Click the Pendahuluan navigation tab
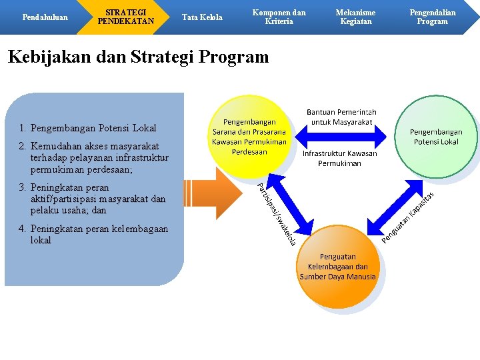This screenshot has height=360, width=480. pyautogui.click(x=45, y=17)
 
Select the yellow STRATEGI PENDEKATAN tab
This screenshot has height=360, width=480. pyautogui.click(x=125, y=17)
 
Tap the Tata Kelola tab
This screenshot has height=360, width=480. pyautogui.click(x=202, y=17)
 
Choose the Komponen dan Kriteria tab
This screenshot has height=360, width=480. pyautogui.click(x=279, y=17)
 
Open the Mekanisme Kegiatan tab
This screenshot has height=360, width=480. pyautogui.click(x=355, y=17)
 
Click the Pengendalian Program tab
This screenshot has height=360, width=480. pyautogui.click(x=432, y=17)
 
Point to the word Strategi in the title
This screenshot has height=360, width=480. pyautogui.click(x=172, y=57)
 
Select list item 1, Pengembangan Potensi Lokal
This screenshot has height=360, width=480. pyautogui.click(x=87, y=128)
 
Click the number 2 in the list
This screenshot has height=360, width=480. pyautogui.click(x=22, y=146)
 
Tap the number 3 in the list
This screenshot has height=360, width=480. pyautogui.click(x=22, y=188)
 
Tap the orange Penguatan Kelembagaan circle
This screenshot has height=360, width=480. pyautogui.click(x=337, y=266)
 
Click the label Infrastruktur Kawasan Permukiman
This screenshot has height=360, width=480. pyautogui.click(x=339, y=158)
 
